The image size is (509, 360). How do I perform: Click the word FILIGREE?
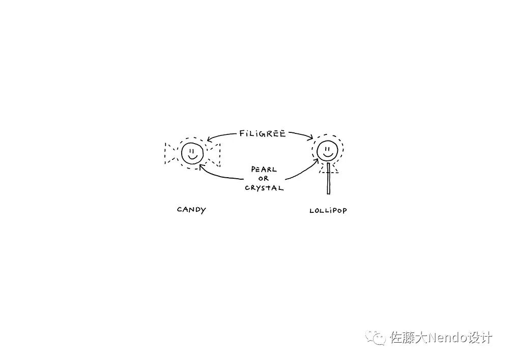[262, 134]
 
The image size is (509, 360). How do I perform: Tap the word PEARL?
[264, 170]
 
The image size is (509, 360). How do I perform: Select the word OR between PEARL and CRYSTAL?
[263, 179]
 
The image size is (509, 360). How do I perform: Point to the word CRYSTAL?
[264, 187]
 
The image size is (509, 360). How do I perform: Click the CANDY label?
[191, 210]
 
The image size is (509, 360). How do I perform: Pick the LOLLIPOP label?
[328, 210]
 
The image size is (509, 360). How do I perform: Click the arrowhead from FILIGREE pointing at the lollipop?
[311, 137]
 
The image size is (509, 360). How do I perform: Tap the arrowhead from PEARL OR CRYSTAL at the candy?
[202, 166]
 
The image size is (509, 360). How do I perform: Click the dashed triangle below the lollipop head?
[329, 169]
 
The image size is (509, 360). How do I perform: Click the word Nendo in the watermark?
[446, 338]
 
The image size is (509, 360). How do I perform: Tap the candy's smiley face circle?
[192, 152]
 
